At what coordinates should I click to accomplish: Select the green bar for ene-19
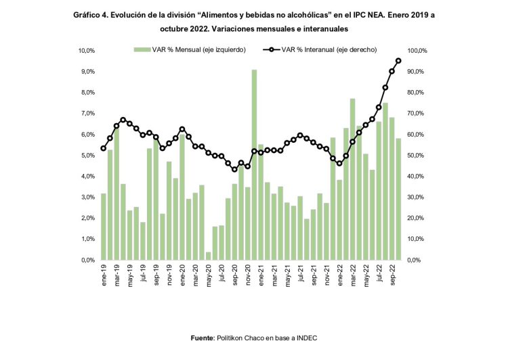click(104, 227)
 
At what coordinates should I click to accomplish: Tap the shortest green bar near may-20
click(209, 256)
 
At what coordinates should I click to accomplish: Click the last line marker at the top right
click(398, 61)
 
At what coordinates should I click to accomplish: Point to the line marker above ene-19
click(104, 148)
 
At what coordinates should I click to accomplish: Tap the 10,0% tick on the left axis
click(85, 51)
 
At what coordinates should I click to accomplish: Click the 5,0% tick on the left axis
click(87, 156)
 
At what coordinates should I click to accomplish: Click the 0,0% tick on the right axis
click(417, 260)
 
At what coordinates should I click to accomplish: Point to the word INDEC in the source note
click(305, 338)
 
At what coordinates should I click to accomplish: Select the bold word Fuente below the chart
click(202, 338)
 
